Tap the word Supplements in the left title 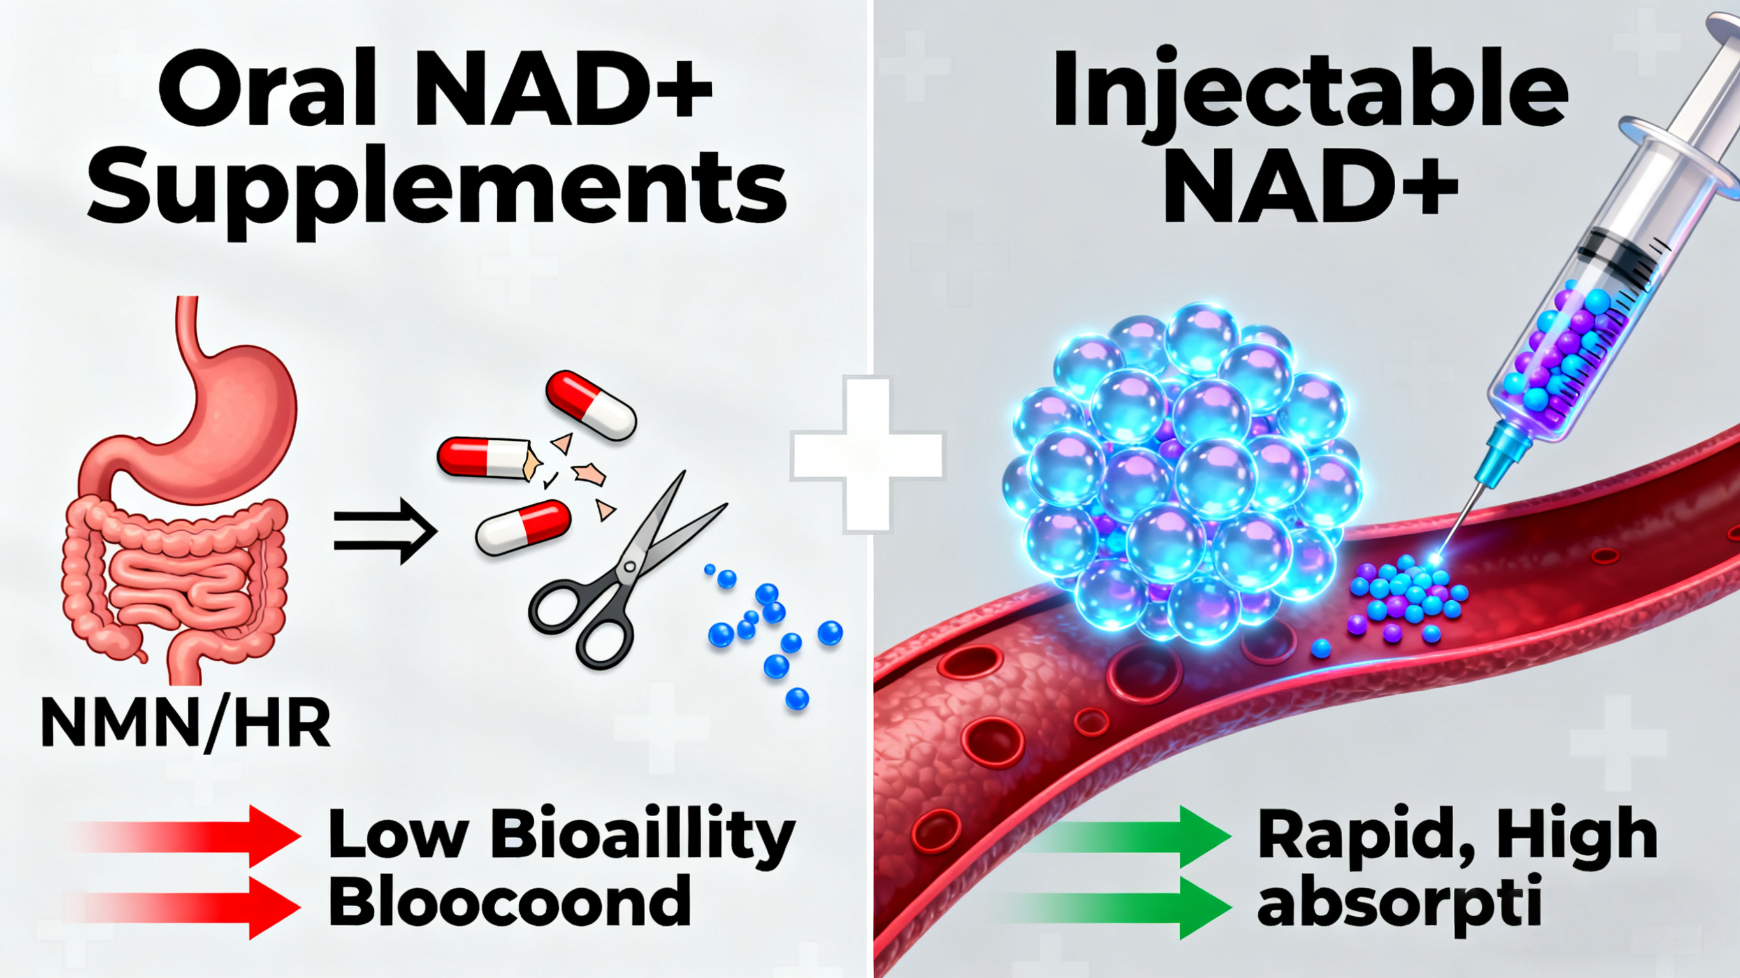pyautogui.click(x=438, y=186)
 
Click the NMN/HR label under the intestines pyautogui.click(x=185, y=723)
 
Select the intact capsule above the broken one pyautogui.click(x=591, y=405)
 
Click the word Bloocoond pyautogui.click(x=510, y=902)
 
